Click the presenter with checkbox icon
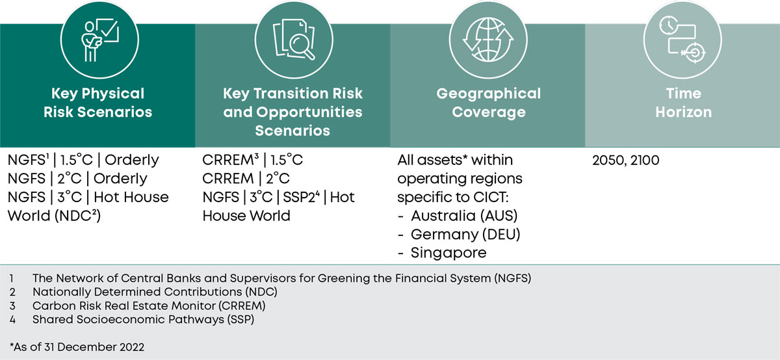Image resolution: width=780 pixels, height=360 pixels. pos(100,40)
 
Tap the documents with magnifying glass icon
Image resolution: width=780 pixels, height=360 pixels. pos(294,40)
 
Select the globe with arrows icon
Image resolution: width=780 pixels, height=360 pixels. pos(488,40)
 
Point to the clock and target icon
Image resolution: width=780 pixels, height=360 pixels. pos(682,40)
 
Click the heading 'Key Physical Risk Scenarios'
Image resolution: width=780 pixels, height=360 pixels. pos(98,103)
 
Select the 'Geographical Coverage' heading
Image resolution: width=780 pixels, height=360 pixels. pos(489,103)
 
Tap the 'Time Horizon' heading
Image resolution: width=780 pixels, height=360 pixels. pos(684,103)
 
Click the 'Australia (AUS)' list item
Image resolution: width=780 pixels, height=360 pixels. pos(464,216)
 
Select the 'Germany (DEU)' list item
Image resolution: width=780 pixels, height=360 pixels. pos(465,235)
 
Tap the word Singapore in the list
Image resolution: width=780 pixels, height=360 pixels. pos(448,253)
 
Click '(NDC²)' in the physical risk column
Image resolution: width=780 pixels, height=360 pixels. pos(77,216)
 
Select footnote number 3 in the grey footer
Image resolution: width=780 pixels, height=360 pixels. pos(12,306)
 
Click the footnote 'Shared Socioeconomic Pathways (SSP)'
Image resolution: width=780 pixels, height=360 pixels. pos(143,320)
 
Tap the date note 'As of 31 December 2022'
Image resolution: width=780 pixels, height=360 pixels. pos(77,347)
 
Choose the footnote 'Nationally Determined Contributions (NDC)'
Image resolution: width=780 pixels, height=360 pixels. pos(155,292)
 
